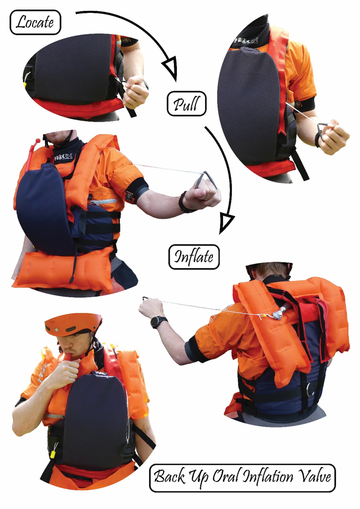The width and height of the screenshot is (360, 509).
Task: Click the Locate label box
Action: point(36,22)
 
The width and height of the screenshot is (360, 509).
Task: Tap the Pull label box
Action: point(186,104)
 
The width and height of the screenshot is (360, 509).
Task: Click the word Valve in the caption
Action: point(314,477)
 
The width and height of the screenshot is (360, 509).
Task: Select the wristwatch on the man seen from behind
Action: point(158,322)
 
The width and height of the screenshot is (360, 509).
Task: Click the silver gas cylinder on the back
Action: point(279,312)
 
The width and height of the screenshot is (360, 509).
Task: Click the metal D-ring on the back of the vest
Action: point(310,389)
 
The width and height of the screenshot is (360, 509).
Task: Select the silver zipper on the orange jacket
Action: point(103,202)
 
